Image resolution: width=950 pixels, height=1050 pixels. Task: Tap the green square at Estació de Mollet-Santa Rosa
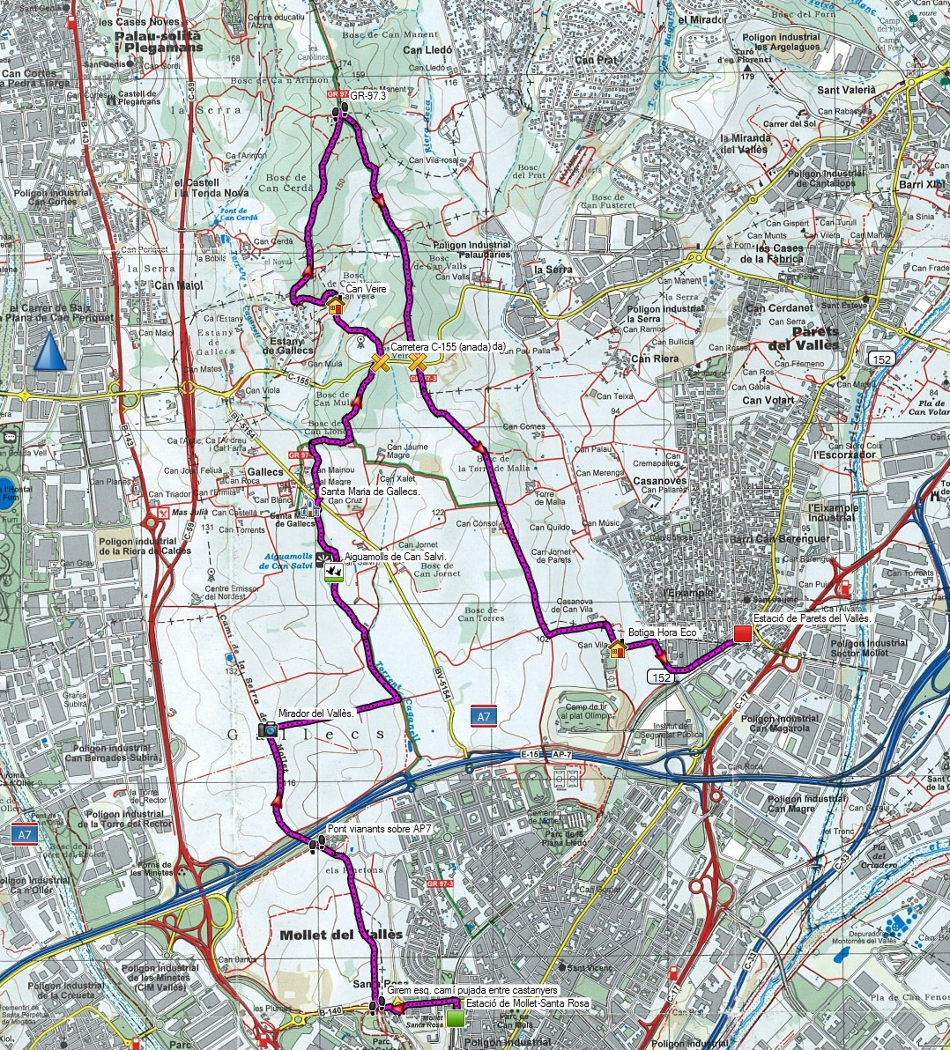(455, 1019)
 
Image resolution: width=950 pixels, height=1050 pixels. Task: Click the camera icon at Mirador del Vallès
(268, 728)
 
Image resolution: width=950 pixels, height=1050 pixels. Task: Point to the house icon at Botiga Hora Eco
(618, 649)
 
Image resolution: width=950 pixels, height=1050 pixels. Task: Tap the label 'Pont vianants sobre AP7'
(380, 829)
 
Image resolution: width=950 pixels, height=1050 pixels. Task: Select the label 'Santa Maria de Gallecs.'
(369, 491)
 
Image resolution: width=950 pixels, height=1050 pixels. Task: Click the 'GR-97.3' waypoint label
(369, 95)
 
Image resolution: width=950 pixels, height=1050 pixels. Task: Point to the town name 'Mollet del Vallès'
(340, 934)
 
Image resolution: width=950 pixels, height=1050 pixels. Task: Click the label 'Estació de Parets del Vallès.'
(812, 619)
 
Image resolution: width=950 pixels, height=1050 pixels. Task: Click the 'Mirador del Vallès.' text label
(315, 713)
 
